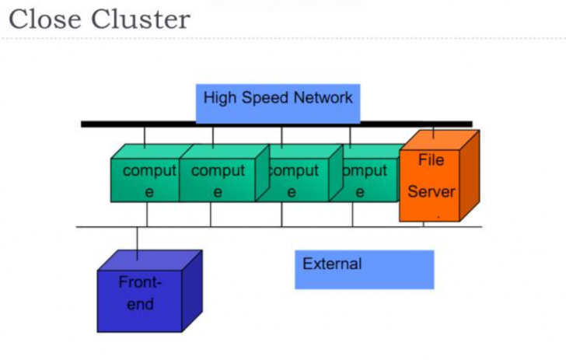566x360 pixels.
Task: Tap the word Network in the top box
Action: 323,98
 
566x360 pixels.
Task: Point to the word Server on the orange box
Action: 431,191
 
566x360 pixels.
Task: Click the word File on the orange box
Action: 431,160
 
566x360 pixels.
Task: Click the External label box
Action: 364,269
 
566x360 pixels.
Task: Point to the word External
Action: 332,264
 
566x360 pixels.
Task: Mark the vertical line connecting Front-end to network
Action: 137,243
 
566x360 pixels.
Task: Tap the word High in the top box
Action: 218,98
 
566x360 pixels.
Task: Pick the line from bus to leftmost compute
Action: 145,137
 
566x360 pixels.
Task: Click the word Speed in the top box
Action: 264,98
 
